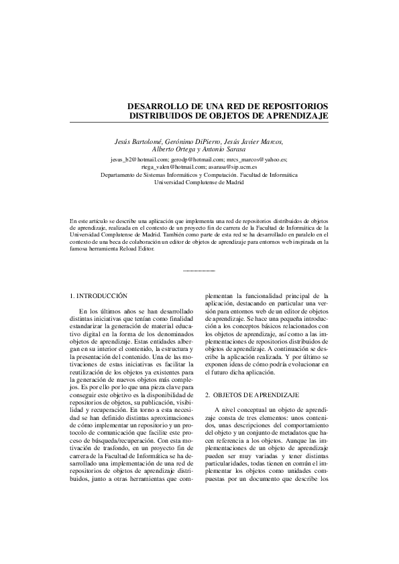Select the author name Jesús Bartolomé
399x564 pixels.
click(x=139, y=141)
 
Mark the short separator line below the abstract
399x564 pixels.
click(x=199, y=271)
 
